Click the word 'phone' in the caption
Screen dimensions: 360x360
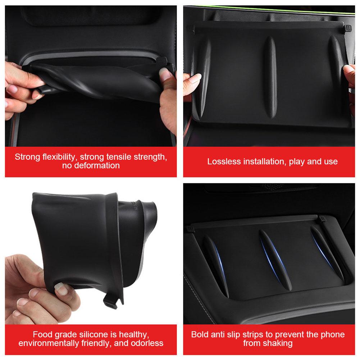[x=333, y=335]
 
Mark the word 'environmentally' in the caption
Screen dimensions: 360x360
[x=49, y=343]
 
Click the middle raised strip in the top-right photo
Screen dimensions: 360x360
[x=270, y=77]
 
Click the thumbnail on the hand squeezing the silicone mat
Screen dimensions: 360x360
[x=61, y=288]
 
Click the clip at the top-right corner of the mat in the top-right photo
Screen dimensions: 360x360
[x=347, y=28]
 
